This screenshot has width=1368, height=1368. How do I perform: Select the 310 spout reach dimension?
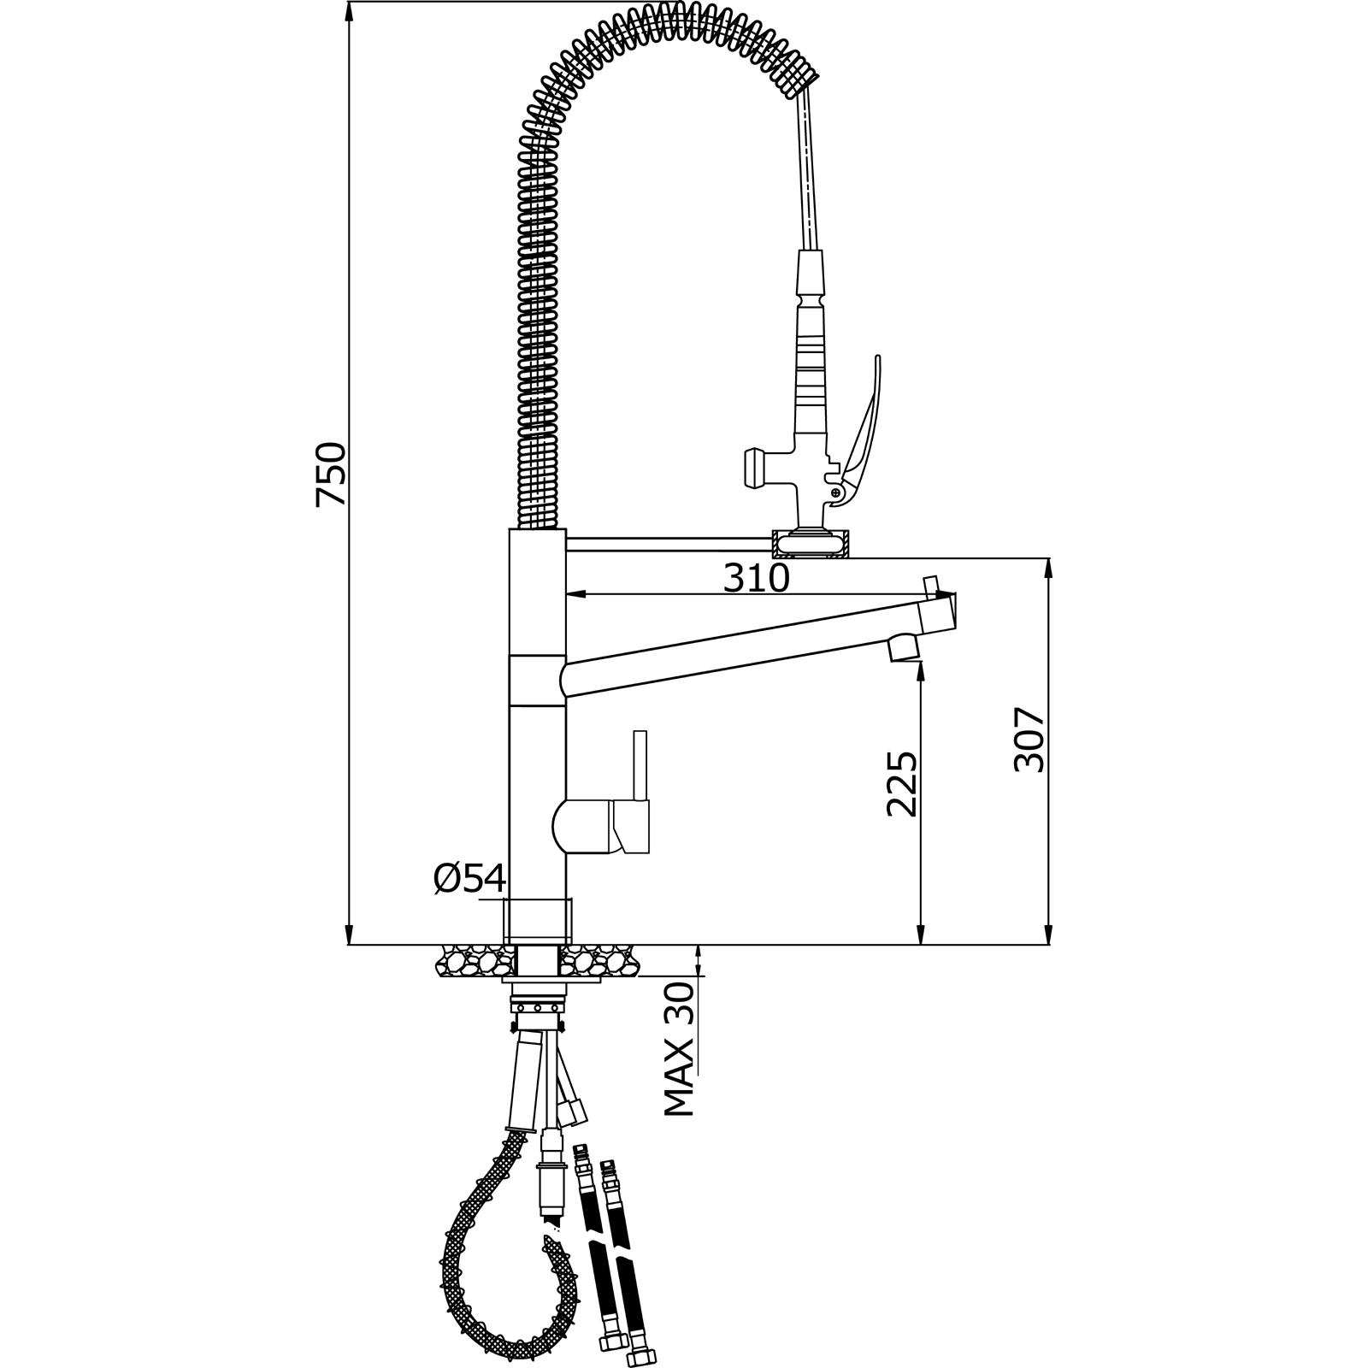(756, 579)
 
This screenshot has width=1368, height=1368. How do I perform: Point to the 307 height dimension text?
(1029, 740)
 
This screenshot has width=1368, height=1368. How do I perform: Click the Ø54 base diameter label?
(469, 878)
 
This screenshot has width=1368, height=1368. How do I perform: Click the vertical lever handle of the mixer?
(640, 766)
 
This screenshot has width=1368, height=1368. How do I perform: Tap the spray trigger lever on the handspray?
(865, 419)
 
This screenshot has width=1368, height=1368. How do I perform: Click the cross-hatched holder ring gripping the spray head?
(810, 544)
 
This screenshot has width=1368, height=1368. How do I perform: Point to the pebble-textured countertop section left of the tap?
(470, 963)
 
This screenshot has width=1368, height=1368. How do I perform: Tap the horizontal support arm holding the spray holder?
(667, 545)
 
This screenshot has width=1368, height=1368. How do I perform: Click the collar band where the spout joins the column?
(537, 681)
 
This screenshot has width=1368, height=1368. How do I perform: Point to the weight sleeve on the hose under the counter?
(523, 1081)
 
